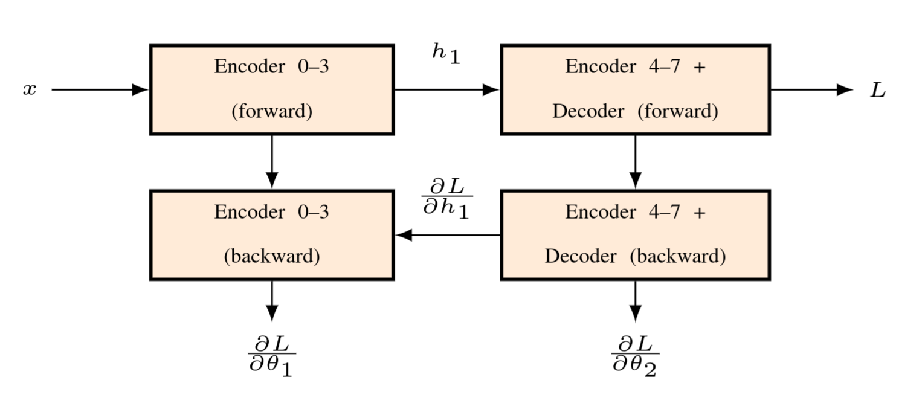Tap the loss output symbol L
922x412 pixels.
point(877,90)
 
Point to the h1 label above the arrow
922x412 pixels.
point(446,54)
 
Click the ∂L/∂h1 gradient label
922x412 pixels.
point(447,198)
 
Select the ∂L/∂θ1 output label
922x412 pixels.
point(272,356)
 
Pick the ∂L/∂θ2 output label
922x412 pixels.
point(635,356)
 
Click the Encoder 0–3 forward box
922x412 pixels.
point(272,90)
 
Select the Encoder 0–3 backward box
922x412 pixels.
point(272,235)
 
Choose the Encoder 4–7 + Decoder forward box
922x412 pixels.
point(636,90)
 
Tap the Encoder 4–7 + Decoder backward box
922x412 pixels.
point(636,235)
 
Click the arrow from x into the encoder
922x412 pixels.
point(100,90)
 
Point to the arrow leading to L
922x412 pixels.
point(812,90)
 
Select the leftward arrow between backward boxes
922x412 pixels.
point(448,235)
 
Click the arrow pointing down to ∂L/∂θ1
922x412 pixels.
point(272,301)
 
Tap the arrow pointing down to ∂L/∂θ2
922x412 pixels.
point(636,301)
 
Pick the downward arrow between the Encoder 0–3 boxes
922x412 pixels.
point(272,162)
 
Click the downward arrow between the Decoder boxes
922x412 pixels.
point(636,162)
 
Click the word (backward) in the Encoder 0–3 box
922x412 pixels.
point(272,256)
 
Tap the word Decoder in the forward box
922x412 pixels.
point(588,111)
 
